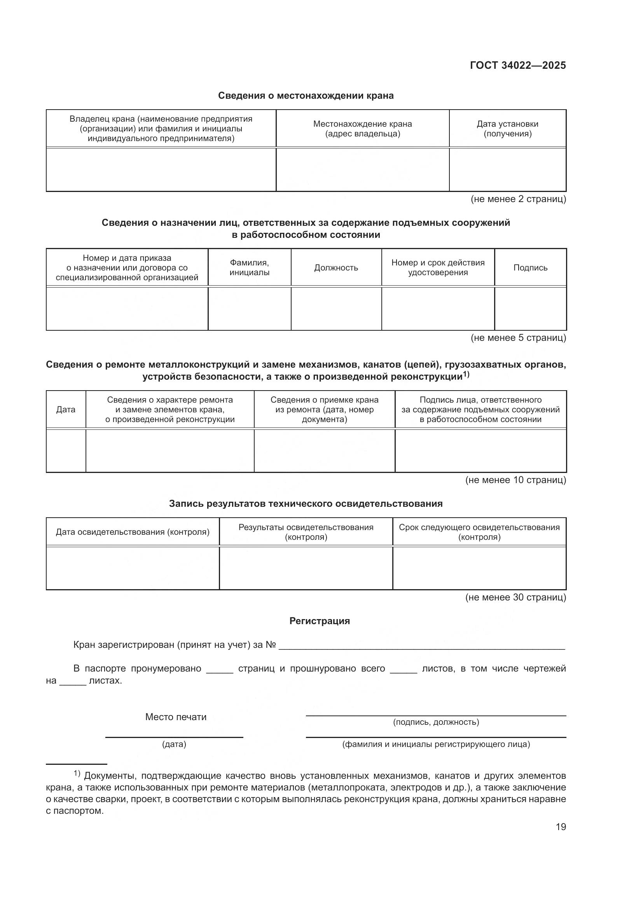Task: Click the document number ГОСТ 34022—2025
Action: tap(517, 65)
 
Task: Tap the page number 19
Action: tap(561, 827)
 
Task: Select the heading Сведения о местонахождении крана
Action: tap(306, 96)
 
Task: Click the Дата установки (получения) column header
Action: tap(507, 129)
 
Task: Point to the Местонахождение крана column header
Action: tap(362, 129)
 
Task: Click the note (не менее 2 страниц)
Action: tap(518, 199)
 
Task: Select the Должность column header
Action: tap(336, 268)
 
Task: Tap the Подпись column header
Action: tap(530, 268)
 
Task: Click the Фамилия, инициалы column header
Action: tap(249, 268)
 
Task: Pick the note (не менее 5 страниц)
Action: tap(518, 338)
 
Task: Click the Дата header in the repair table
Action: tap(66, 409)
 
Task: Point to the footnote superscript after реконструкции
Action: tap(466, 374)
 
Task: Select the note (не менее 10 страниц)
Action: tap(515, 480)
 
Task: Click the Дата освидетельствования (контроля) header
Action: tap(133, 532)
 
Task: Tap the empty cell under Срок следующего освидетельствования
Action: tap(479, 568)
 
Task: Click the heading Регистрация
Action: tap(320, 621)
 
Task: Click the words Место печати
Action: tap(176, 717)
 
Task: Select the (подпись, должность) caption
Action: tap(436, 722)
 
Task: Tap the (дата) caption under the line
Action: tap(174, 744)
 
